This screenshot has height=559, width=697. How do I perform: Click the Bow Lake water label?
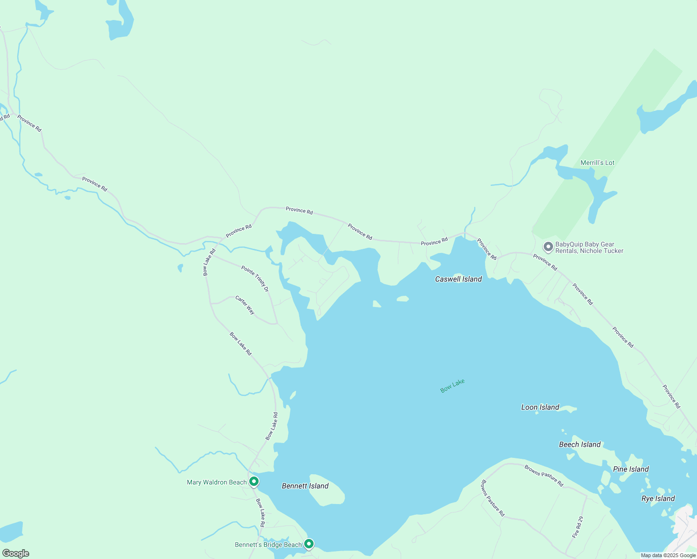pos(452,386)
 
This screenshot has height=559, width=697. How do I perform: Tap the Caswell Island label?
pos(458,279)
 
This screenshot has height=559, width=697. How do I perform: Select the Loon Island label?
pos(540,407)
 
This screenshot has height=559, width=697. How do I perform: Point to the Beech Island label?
pos(580,444)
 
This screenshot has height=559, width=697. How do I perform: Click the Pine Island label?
pos(631,469)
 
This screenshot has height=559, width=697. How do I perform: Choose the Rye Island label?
pos(658,498)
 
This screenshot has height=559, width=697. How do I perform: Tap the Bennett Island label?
pos(305,486)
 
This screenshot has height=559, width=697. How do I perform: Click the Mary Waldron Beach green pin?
pos(254,481)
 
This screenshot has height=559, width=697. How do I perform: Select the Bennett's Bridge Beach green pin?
pos(308,544)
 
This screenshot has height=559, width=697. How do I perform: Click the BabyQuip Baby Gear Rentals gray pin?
pos(548,246)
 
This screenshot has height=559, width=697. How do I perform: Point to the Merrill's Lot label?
pos(597,163)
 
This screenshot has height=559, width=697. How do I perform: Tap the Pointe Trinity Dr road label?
pos(255,279)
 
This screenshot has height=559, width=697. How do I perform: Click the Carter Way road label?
pos(245,305)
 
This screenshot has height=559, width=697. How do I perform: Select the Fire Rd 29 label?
pos(578,527)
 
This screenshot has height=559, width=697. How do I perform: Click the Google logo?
pos(15,553)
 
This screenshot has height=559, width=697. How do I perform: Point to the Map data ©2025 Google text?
pos(668,555)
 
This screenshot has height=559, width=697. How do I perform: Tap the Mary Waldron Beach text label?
pos(217,482)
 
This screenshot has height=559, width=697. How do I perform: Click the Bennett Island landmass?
pos(328,495)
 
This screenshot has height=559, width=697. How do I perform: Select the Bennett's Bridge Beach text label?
pos(268,545)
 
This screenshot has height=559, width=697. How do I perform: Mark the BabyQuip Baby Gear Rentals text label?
pos(589,247)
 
